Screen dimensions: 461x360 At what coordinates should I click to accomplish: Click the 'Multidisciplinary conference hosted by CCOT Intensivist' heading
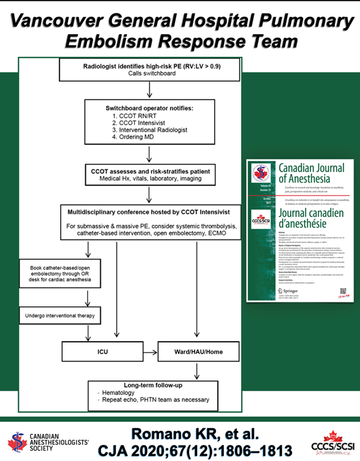pos(150,213)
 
